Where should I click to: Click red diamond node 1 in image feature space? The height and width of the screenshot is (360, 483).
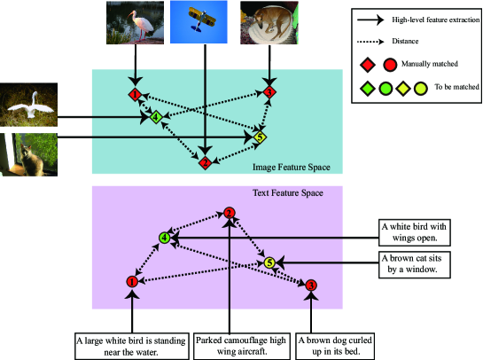[x=135, y=94]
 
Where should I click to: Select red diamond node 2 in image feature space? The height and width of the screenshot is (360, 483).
[x=205, y=162]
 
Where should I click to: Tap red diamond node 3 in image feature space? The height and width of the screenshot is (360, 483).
[x=269, y=92]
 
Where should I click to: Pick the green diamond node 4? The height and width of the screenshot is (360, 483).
[x=156, y=117]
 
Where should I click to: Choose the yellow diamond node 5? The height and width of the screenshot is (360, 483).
[x=260, y=137]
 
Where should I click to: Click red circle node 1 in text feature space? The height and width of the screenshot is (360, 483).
[x=132, y=281]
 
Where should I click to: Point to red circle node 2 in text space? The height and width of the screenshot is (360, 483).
[x=229, y=213]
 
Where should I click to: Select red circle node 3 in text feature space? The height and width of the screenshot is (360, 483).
[x=311, y=286]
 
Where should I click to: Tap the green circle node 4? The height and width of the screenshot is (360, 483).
[x=165, y=238]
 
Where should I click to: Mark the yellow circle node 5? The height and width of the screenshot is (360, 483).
[x=269, y=263]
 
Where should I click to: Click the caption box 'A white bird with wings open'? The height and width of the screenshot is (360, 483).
[x=415, y=232]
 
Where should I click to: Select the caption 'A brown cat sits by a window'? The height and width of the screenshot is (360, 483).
[x=415, y=265]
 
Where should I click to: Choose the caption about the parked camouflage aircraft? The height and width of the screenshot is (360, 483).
[x=242, y=346]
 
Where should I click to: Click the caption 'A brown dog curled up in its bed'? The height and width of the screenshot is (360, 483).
[x=335, y=346]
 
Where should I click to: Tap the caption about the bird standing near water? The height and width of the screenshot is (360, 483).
[x=132, y=346]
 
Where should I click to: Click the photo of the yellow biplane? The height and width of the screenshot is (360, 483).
[x=199, y=22]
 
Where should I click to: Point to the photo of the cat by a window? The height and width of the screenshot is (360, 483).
[x=28, y=154]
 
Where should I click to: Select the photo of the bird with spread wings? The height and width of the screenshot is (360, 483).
[x=28, y=105]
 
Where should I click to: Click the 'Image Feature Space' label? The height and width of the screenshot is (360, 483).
[x=292, y=167]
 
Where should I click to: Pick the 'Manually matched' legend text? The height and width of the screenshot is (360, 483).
[x=430, y=64]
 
